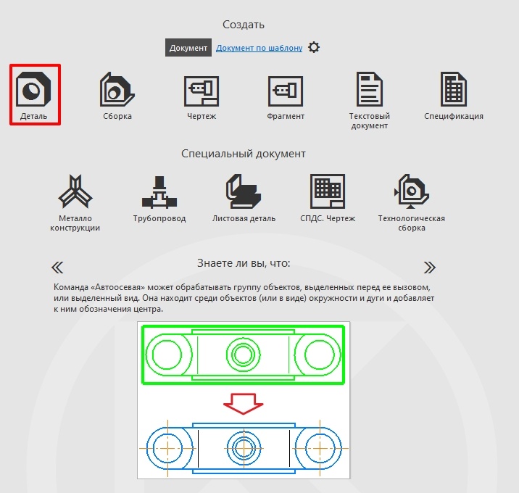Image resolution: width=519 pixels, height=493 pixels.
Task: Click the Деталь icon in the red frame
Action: click(x=33, y=88)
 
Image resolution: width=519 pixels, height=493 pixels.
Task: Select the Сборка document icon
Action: click(x=117, y=88)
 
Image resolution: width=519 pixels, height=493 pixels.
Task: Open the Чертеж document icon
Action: click(x=202, y=91)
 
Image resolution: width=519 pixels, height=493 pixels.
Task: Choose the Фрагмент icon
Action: click(x=286, y=91)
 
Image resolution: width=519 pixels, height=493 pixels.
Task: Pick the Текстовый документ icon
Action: click(x=370, y=88)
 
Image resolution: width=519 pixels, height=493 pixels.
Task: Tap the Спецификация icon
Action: click(x=454, y=88)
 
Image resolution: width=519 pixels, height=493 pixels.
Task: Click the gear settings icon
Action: click(x=314, y=47)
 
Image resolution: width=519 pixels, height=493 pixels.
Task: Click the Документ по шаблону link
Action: click(x=259, y=48)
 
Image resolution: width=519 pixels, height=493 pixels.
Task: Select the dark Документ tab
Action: click(x=188, y=48)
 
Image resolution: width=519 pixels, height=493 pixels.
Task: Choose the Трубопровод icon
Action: click(x=159, y=192)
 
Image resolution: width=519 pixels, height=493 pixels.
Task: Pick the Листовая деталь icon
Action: click(x=244, y=191)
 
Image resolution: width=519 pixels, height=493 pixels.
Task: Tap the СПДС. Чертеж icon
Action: click(x=328, y=191)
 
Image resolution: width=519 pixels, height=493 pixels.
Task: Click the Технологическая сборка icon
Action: click(x=412, y=191)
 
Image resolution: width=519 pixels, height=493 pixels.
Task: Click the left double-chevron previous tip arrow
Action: click(x=57, y=268)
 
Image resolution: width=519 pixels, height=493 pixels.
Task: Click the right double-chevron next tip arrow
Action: click(x=430, y=268)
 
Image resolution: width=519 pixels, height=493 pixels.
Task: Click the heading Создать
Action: click(x=244, y=25)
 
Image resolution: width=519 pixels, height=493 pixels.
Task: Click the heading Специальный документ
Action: click(x=244, y=154)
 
